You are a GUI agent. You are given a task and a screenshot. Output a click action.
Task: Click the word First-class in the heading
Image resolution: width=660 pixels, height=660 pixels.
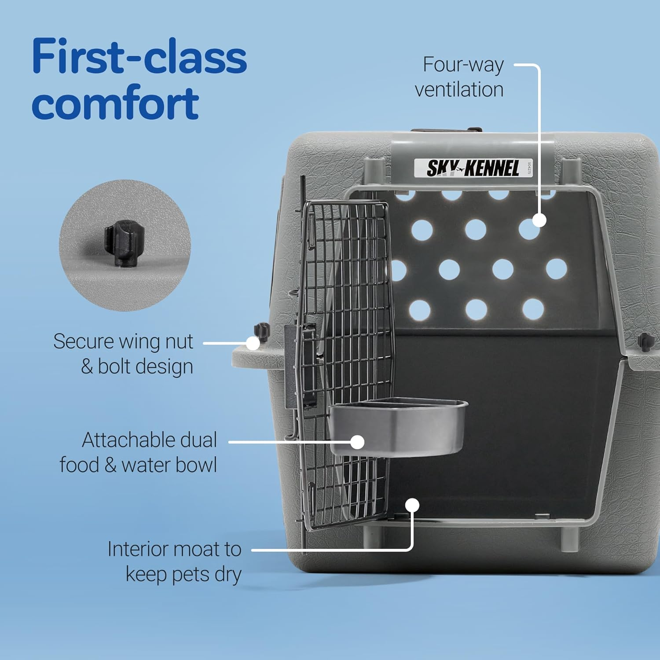pos(139,57)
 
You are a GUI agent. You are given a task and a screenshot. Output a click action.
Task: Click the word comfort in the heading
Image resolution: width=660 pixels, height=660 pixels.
pos(115,103)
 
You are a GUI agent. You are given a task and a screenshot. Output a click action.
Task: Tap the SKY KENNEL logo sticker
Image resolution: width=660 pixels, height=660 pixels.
pos(473,168)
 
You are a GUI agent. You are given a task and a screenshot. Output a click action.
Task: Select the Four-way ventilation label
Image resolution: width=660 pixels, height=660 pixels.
pos(459,77)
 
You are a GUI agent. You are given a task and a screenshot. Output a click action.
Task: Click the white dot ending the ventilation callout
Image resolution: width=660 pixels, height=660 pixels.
pos(539,220)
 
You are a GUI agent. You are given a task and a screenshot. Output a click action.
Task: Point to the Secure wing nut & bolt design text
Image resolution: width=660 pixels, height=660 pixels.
pos(123,354)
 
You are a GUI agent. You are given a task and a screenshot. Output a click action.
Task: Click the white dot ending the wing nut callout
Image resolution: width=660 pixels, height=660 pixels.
pos(253,343)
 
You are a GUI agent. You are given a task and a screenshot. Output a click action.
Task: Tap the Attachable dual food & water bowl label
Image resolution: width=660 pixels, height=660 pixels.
pos(139,452)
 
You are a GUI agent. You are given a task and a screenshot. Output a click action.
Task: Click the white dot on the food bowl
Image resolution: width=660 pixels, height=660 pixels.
pos(358,442)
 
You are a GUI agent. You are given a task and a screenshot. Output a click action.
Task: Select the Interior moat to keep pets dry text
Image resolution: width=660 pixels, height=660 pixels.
pos(175,561)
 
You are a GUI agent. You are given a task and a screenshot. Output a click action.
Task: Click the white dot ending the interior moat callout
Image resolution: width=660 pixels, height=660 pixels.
pos(412,505)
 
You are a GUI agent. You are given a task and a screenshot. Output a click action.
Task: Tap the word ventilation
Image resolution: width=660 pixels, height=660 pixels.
pos(459,90)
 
